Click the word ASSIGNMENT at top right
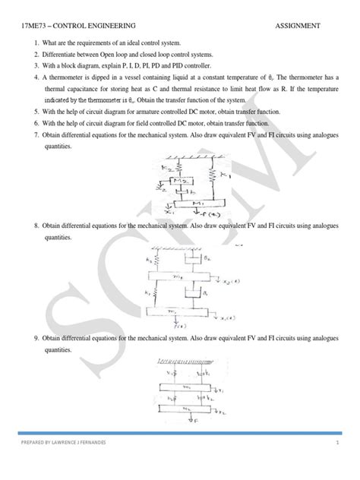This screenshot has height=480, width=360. tap(298, 25)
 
